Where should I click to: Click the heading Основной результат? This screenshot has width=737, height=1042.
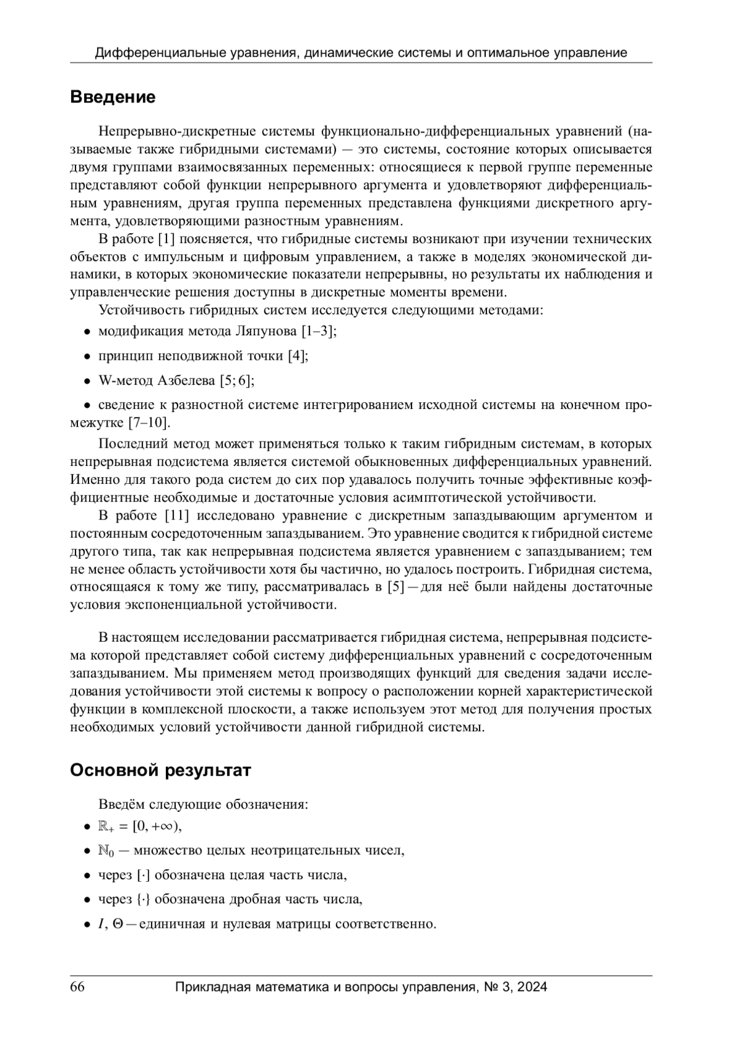[160, 770]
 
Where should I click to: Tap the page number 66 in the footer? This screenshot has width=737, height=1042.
[77, 987]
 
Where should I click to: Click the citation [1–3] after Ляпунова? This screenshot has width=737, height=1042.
[319, 332]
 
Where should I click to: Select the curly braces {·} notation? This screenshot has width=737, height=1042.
[142, 900]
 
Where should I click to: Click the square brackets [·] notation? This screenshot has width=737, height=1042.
[142, 875]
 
